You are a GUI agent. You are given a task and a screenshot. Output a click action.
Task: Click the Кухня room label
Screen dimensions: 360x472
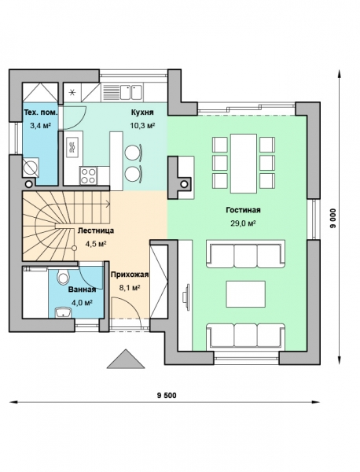[x=142, y=112]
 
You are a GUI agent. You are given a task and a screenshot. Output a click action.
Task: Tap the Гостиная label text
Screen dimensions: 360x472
[x=243, y=210]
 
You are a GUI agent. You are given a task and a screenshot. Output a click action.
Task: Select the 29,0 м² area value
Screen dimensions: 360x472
[x=243, y=223]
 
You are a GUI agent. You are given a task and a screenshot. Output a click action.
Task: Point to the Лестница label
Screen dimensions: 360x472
[x=96, y=230]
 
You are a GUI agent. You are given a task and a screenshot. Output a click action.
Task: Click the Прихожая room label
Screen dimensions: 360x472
[x=130, y=275]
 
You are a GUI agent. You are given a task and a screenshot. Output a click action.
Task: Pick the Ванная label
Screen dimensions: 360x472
[x=82, y=289]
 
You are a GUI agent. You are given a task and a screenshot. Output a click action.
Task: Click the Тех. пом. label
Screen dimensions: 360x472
[x=40, y=112]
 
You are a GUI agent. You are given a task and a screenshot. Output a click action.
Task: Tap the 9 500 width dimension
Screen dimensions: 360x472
[x=167, y=395]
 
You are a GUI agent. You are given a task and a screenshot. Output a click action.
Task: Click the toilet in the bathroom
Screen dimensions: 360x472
[x=63, y=276]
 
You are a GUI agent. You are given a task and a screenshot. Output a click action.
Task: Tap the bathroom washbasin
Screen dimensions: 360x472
[x=63, y=313]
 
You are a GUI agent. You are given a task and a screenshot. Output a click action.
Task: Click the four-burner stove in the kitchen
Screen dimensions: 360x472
[x=88, y=175]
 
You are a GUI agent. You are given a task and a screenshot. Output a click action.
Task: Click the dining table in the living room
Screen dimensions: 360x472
[x=244, y=164]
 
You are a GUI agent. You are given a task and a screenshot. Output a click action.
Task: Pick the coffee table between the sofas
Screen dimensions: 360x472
[x=246, y=293]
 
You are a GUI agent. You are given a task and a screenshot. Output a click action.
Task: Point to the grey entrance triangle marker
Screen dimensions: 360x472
[x=126, y=360]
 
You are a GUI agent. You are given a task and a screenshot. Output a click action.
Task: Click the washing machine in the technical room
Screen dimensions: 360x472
[x=31, y=167]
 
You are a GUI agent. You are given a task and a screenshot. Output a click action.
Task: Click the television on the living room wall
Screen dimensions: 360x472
[x=186, y=297]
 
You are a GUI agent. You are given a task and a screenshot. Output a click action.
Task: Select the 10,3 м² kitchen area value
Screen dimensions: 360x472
[x=142, y=125]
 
